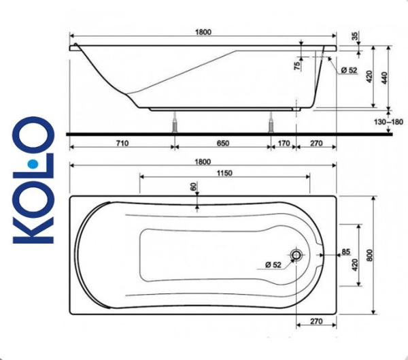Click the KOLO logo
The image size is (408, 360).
[34, 180]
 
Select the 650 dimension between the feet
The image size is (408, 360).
[223, 144]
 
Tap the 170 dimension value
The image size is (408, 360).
[284, 144]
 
